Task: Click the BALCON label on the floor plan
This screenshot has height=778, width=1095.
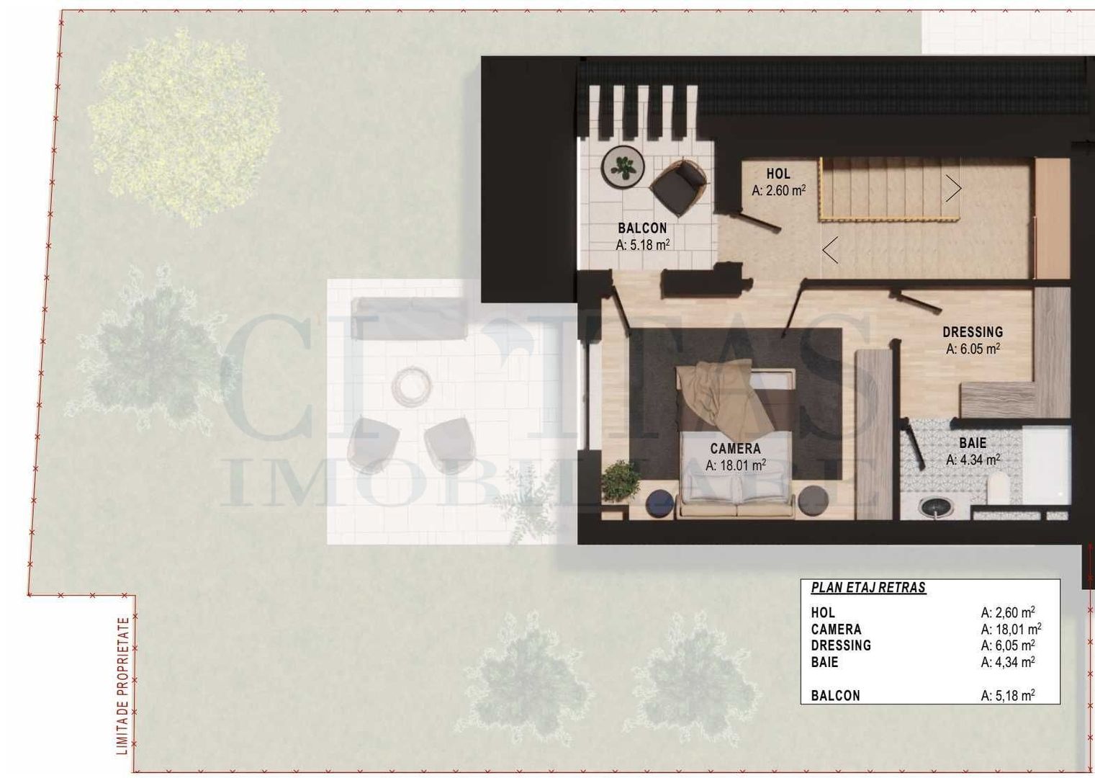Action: click(x=642, y=228)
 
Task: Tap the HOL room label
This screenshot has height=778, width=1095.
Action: click(x=778, y=174)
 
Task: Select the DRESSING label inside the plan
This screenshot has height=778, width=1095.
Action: click(x=973, y=332)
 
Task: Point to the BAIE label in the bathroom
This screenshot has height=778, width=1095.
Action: click(x=973, y=443)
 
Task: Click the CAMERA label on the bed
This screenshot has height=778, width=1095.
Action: click(x=735, y=449)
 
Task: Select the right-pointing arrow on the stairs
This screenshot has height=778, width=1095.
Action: click(x=954, y=189)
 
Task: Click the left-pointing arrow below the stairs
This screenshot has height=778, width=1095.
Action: click(x=830, y=250)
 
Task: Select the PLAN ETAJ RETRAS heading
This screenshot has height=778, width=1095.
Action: click(x=868, y=588)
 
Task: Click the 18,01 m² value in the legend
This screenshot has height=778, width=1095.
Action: click(x=1011, y=629)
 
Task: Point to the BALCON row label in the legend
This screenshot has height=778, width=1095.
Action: click(x=835, y=696)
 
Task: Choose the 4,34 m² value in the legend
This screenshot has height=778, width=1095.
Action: click(x=1008, y=662)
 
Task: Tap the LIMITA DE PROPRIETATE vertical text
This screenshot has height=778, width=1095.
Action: click(x=123, y=685)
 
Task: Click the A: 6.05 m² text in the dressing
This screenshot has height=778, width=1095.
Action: click(x=973, y=349)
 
